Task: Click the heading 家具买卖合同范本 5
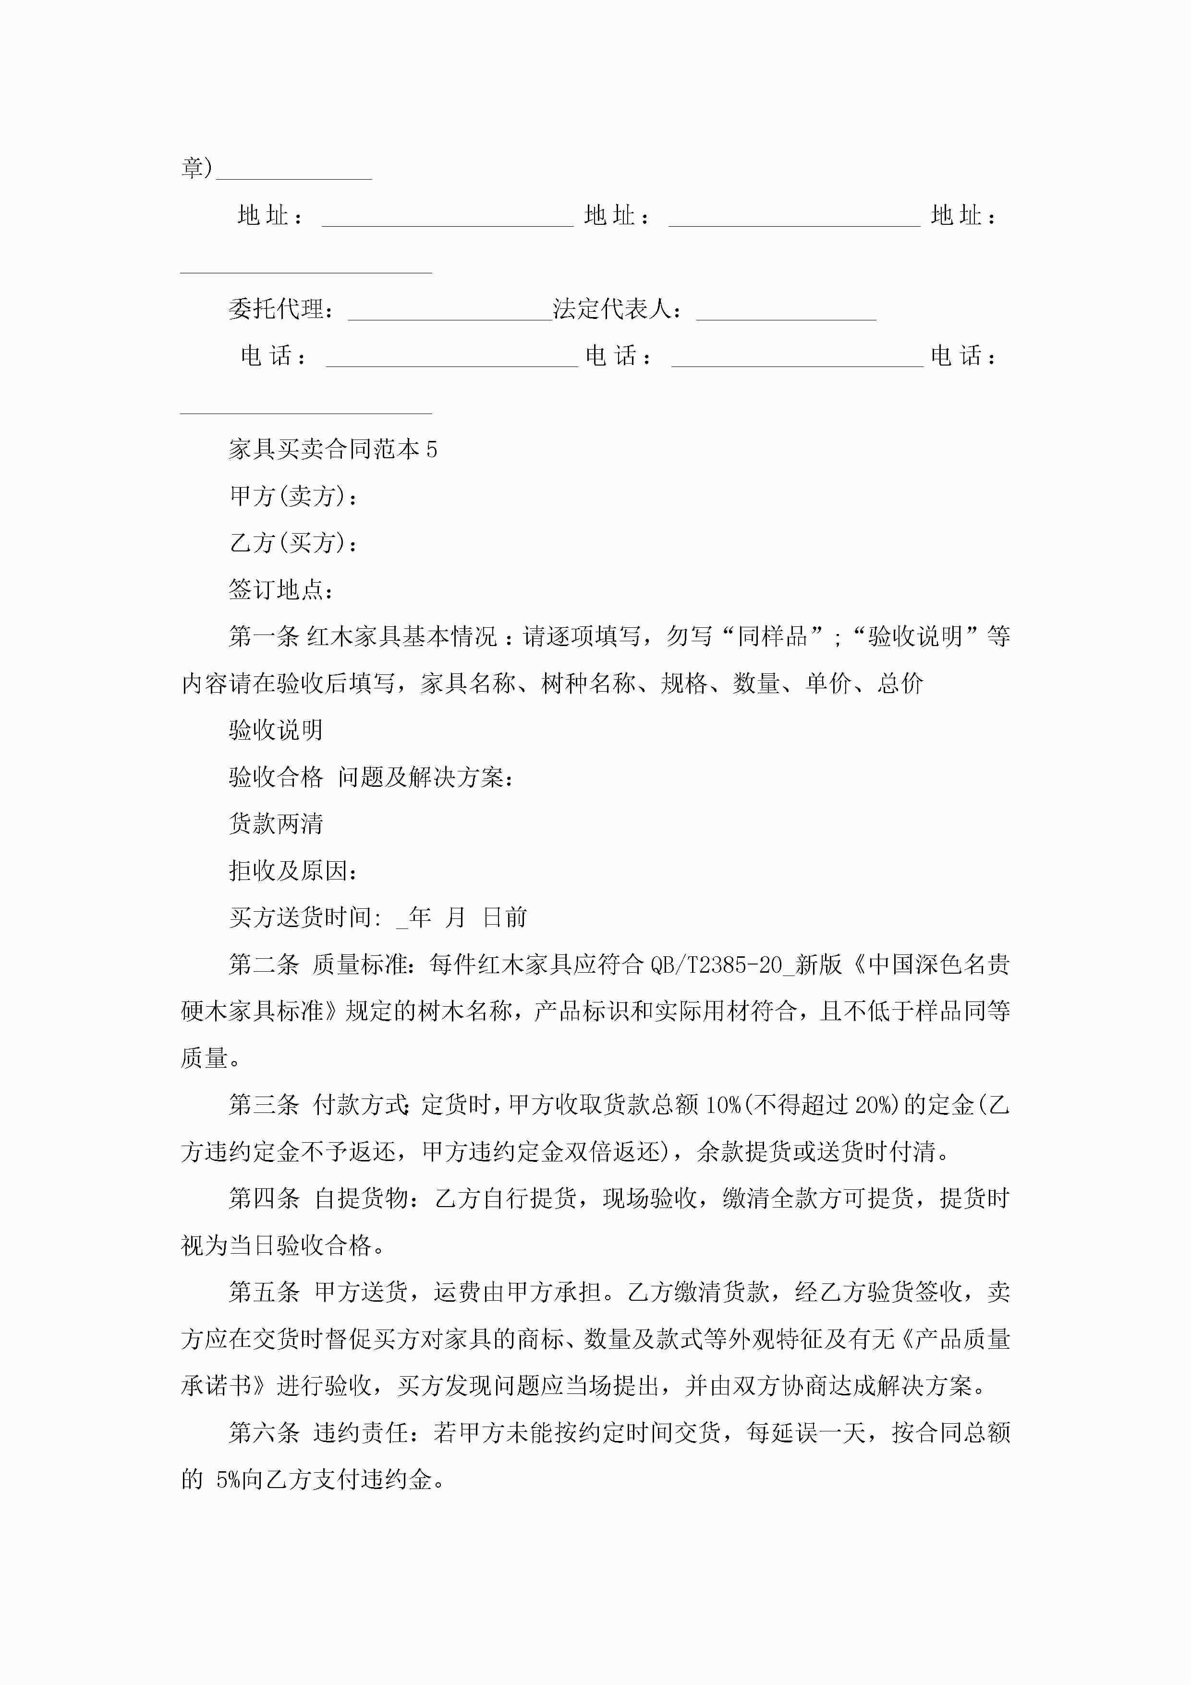[x=332, y=449]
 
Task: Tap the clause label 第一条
[x=264, y=636]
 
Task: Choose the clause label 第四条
[x=264, y=1198]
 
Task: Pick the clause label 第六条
[x=264, y=1432]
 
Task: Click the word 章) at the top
[x=197, y=168]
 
